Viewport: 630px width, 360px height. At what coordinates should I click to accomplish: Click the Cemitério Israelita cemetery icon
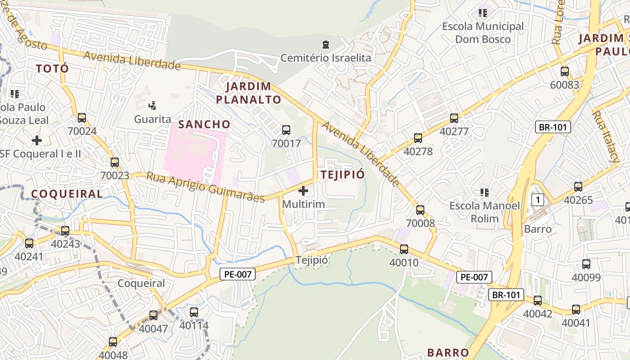click(325, 45)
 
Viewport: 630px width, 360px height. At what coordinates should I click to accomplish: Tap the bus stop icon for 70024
click(81, 118)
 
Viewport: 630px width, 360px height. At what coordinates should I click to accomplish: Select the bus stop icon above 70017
click(286, 130)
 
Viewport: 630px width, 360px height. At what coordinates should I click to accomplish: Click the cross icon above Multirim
click(303, 191)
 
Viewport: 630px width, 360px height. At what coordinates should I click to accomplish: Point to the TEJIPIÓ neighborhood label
click(342, 175)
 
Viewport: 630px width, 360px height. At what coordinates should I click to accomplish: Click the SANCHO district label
click(204, 124)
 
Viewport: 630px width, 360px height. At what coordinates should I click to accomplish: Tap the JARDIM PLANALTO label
click(248, 93)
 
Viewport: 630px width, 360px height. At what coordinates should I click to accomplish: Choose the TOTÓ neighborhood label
click(52, 68)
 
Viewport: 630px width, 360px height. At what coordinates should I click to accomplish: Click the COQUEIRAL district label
click(67, 194)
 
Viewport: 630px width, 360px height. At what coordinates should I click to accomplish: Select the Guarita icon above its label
click(153, 106)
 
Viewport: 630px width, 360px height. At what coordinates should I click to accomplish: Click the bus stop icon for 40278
click(418, 138)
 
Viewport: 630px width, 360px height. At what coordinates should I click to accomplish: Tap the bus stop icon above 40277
click(454, 118)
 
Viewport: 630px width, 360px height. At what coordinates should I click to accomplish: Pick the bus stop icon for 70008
click(420, 210)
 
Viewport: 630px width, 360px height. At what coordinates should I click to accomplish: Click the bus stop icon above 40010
click(404, 249)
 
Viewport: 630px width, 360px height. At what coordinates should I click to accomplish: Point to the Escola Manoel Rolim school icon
click(485, 193)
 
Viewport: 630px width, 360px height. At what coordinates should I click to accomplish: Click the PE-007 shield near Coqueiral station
click(238, 274)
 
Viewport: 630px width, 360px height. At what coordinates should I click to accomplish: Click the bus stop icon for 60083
click(565, 71)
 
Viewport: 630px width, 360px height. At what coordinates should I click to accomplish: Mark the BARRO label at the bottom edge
click(448, 352)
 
